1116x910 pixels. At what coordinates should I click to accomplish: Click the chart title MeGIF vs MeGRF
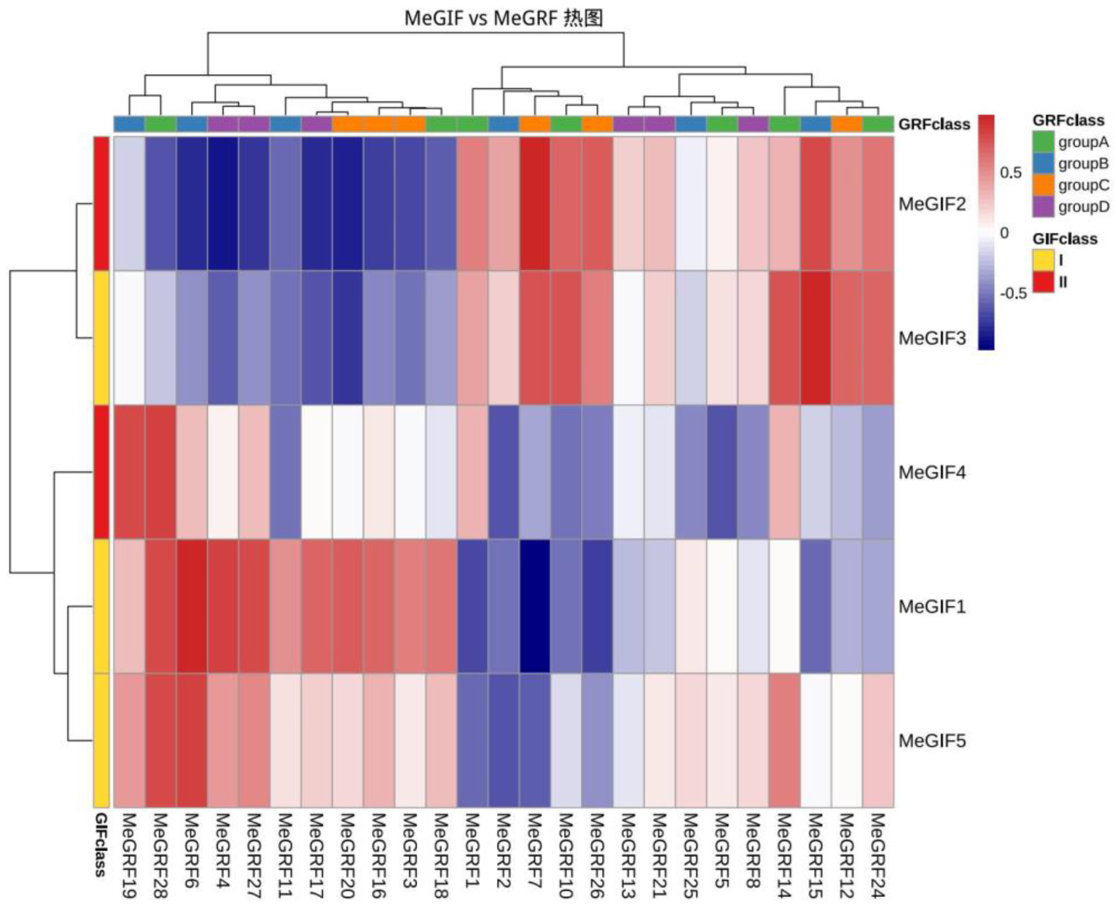point(503,19)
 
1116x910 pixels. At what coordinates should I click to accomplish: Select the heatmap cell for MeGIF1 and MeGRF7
point(535,607)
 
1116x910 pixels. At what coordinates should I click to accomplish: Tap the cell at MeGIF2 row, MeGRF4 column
point(223,203)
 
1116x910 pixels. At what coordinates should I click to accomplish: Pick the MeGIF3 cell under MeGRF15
point(815,338)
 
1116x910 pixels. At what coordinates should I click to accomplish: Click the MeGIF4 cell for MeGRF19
point(129,472)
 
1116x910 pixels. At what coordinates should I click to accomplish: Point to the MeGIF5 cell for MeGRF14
point(784,741)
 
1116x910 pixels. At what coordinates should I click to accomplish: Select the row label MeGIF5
point(932,741)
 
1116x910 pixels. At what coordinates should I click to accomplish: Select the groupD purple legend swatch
point(1043,206)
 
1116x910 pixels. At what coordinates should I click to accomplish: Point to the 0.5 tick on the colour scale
point(1010,172)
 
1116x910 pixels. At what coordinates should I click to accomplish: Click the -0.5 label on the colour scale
point(1012,294)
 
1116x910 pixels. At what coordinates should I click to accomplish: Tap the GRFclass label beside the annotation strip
point(934,124)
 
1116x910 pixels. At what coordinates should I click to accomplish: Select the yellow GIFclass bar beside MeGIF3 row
point(101,338)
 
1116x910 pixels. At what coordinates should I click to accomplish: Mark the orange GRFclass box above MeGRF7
point(535,124)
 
